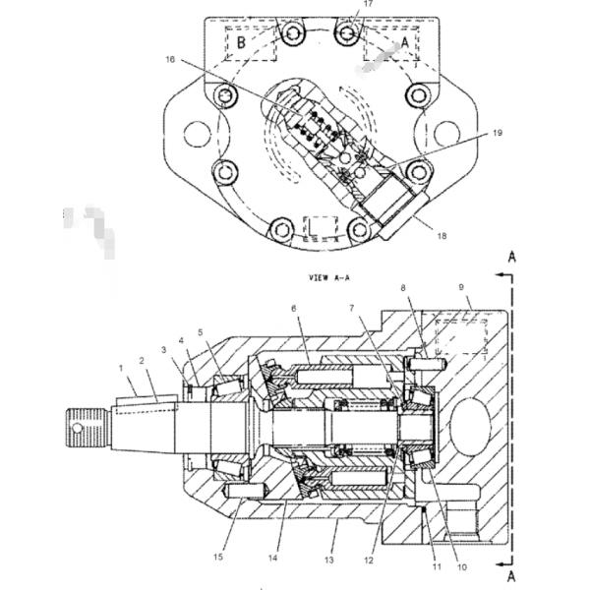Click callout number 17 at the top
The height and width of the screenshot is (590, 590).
[368, 4]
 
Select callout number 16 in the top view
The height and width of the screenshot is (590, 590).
[170, 59]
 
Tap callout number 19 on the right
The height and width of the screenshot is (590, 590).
[497, 133]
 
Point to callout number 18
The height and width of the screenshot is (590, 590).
[442, 236]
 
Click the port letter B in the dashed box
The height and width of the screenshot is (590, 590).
[241, 42]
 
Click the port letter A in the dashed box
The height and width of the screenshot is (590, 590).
[405, 41]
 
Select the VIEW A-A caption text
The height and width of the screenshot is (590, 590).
[329, 278]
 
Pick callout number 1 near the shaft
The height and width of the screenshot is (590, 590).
[121, 368]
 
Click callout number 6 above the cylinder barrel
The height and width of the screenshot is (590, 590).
[294, 309]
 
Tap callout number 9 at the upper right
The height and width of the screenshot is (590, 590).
[462, 287]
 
